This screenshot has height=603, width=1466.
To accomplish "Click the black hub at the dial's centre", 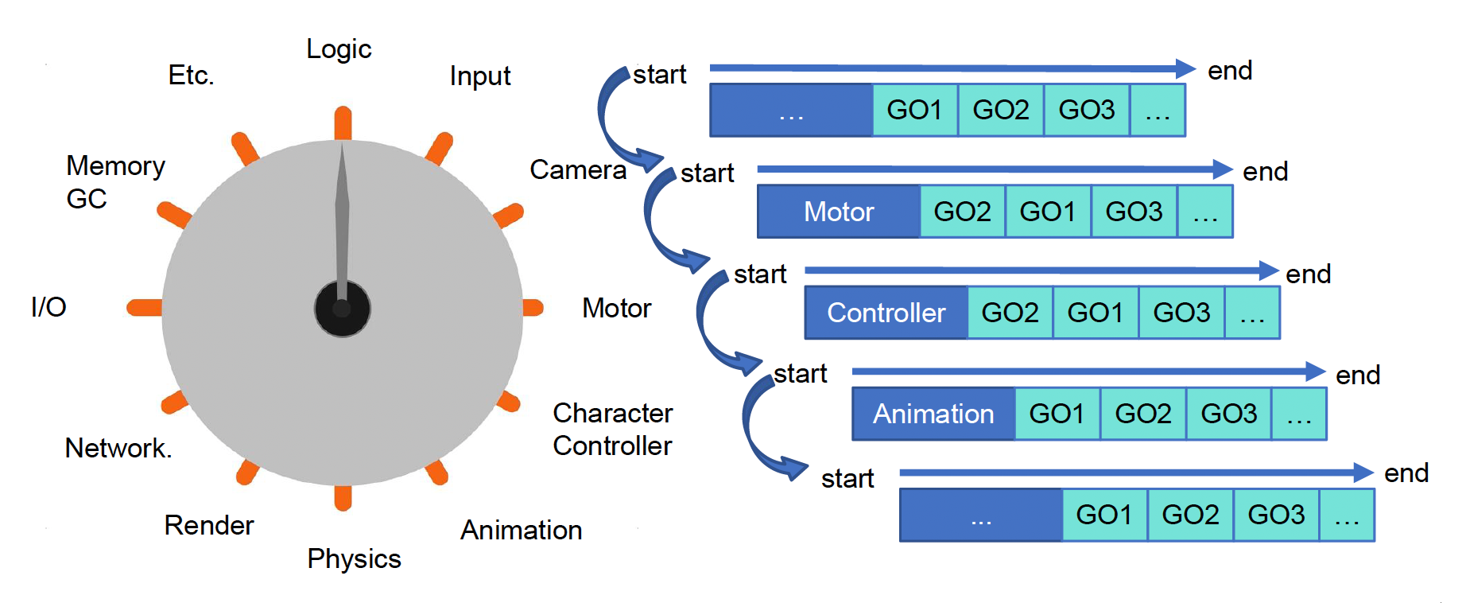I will point(342,309).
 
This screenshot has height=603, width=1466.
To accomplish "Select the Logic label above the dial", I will point(339,49).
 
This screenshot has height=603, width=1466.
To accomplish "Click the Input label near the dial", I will point(479,76).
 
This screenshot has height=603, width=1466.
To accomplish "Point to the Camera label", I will point(578,170).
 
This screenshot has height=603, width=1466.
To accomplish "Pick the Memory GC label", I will point(114,182).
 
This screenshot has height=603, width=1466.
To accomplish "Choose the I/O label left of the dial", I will point(48,307).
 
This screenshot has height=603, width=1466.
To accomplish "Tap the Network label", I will point(118,449).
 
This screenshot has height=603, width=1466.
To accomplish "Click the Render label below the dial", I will point(208,526).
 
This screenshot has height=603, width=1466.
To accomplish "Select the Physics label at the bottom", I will point(354,559).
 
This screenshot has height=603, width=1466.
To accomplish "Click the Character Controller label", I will point(612,430).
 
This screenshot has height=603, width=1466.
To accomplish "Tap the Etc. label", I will point(191,76).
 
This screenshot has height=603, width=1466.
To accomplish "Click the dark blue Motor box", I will point(839,212).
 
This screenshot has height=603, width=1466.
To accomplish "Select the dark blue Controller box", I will point(886,313).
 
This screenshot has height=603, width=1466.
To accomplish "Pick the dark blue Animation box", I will point(933,414).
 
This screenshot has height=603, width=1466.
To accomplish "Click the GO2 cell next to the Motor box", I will point(962,212).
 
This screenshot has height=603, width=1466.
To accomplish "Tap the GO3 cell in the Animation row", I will point(1228,414).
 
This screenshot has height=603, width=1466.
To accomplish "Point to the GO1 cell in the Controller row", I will point(1096,313).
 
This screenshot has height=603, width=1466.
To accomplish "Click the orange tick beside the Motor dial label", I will point(533,308).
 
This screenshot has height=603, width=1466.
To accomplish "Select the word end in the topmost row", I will point(1230,71).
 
